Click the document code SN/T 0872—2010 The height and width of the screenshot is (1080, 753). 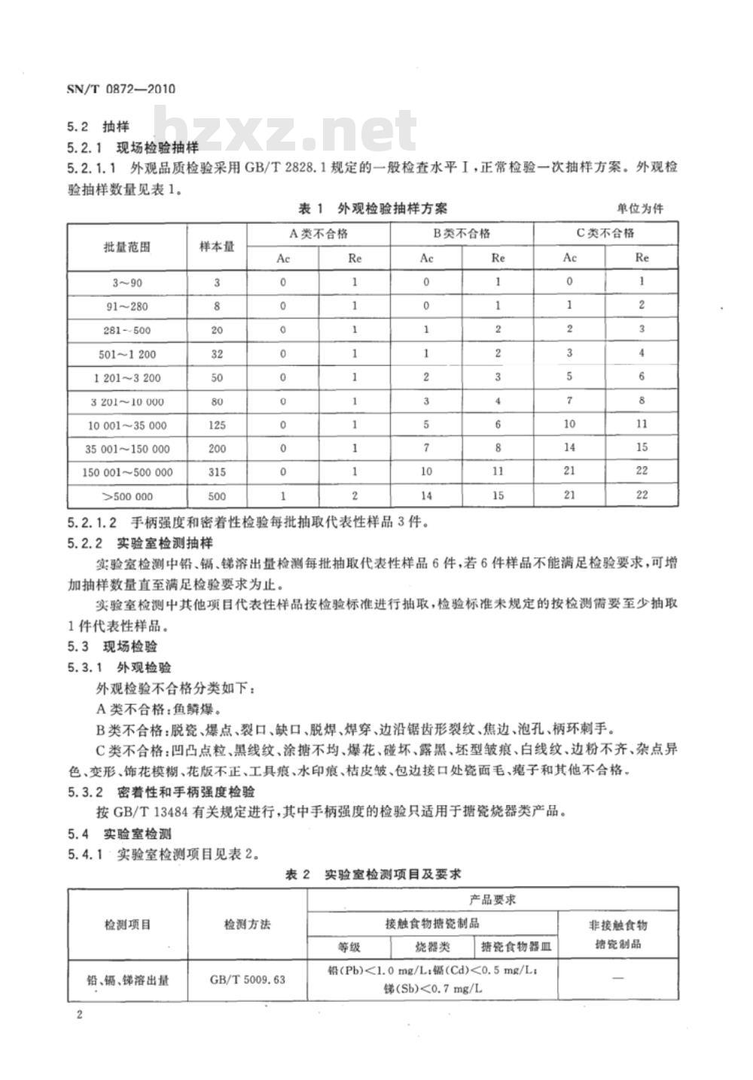(120, 89)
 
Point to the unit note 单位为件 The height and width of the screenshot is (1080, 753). (640, 209)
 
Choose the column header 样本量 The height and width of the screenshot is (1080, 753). (216, 246)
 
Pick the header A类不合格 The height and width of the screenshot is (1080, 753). (319, 234)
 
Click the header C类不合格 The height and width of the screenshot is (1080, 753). (605, 234)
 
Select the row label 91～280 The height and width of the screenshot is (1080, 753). (127, 306)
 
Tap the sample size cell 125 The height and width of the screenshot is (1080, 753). (216, 425)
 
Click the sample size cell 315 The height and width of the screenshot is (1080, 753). (216, 472)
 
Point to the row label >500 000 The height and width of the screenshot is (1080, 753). (127, 496)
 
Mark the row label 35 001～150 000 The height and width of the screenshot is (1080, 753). (127, 449)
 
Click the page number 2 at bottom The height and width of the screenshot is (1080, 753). (79, 1014)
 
